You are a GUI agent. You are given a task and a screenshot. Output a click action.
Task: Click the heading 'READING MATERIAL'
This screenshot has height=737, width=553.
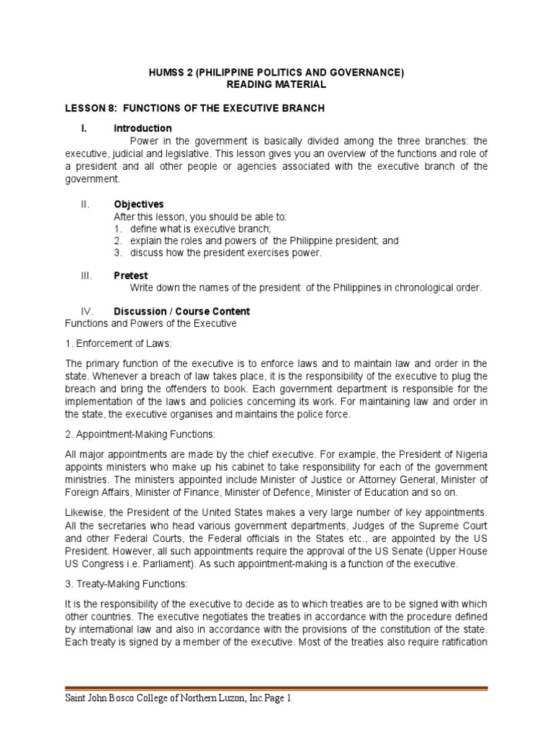point(276,85)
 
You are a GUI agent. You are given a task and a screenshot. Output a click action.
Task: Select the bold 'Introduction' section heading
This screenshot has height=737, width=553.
point(143,129)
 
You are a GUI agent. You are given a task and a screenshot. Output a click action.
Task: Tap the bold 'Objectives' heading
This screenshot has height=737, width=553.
point(139,204)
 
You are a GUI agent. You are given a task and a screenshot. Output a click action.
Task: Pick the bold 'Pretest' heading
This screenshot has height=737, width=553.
point(130,275)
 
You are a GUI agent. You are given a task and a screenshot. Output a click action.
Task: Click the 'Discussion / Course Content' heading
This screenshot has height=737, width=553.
point(182,312)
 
